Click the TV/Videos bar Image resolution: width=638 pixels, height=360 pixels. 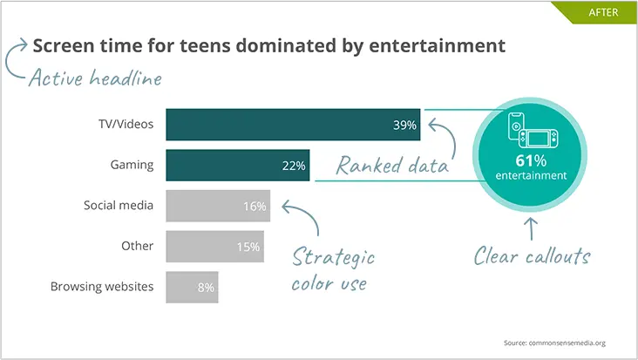(293, 125)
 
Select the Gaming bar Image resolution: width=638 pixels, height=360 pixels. (237, 165)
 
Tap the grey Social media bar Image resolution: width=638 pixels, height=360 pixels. (217, 206)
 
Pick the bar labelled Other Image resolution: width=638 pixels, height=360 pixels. (214, 247)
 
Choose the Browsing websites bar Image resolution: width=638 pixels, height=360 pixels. (192, 287)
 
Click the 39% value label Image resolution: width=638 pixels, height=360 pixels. (405, 126)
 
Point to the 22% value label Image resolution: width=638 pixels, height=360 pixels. (294, 166)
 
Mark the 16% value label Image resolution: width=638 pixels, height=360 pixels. (255, 207)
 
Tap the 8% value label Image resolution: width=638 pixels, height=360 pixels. (205, 287)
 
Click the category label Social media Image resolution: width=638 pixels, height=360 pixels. (119, 206)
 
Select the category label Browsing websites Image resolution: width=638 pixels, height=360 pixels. (102, 286)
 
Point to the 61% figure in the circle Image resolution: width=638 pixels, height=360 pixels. (531, 160)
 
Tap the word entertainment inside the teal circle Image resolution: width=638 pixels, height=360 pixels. (531, 175)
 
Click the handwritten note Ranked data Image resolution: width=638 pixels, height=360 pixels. (392, 165)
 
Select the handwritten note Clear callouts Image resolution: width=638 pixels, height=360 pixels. (533, 256)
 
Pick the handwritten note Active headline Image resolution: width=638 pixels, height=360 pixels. (95, 78)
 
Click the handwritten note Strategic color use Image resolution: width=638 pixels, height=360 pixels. (333, 270)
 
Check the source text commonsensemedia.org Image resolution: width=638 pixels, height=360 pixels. (554, 343)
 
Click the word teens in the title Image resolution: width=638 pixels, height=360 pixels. (179, 45)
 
